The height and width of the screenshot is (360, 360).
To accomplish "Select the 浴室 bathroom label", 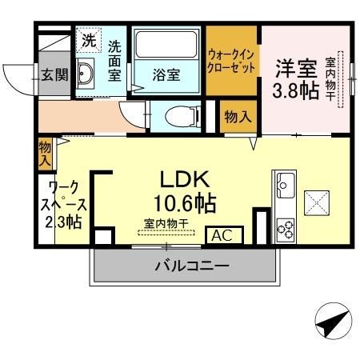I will click(x=166, y=78).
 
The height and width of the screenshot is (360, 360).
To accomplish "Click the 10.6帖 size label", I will click(x=186, y=202).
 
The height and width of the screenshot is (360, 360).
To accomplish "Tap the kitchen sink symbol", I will click(x=284, y=190).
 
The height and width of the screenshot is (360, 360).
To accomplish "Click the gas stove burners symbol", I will click(x=285, y=228).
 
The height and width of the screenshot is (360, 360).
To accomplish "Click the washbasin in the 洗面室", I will click(x=87, y=75).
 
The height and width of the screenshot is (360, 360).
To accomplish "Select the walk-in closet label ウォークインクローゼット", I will click(x=232, y=62).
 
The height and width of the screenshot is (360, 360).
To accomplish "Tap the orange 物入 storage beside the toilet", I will click(x=238, y=117).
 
